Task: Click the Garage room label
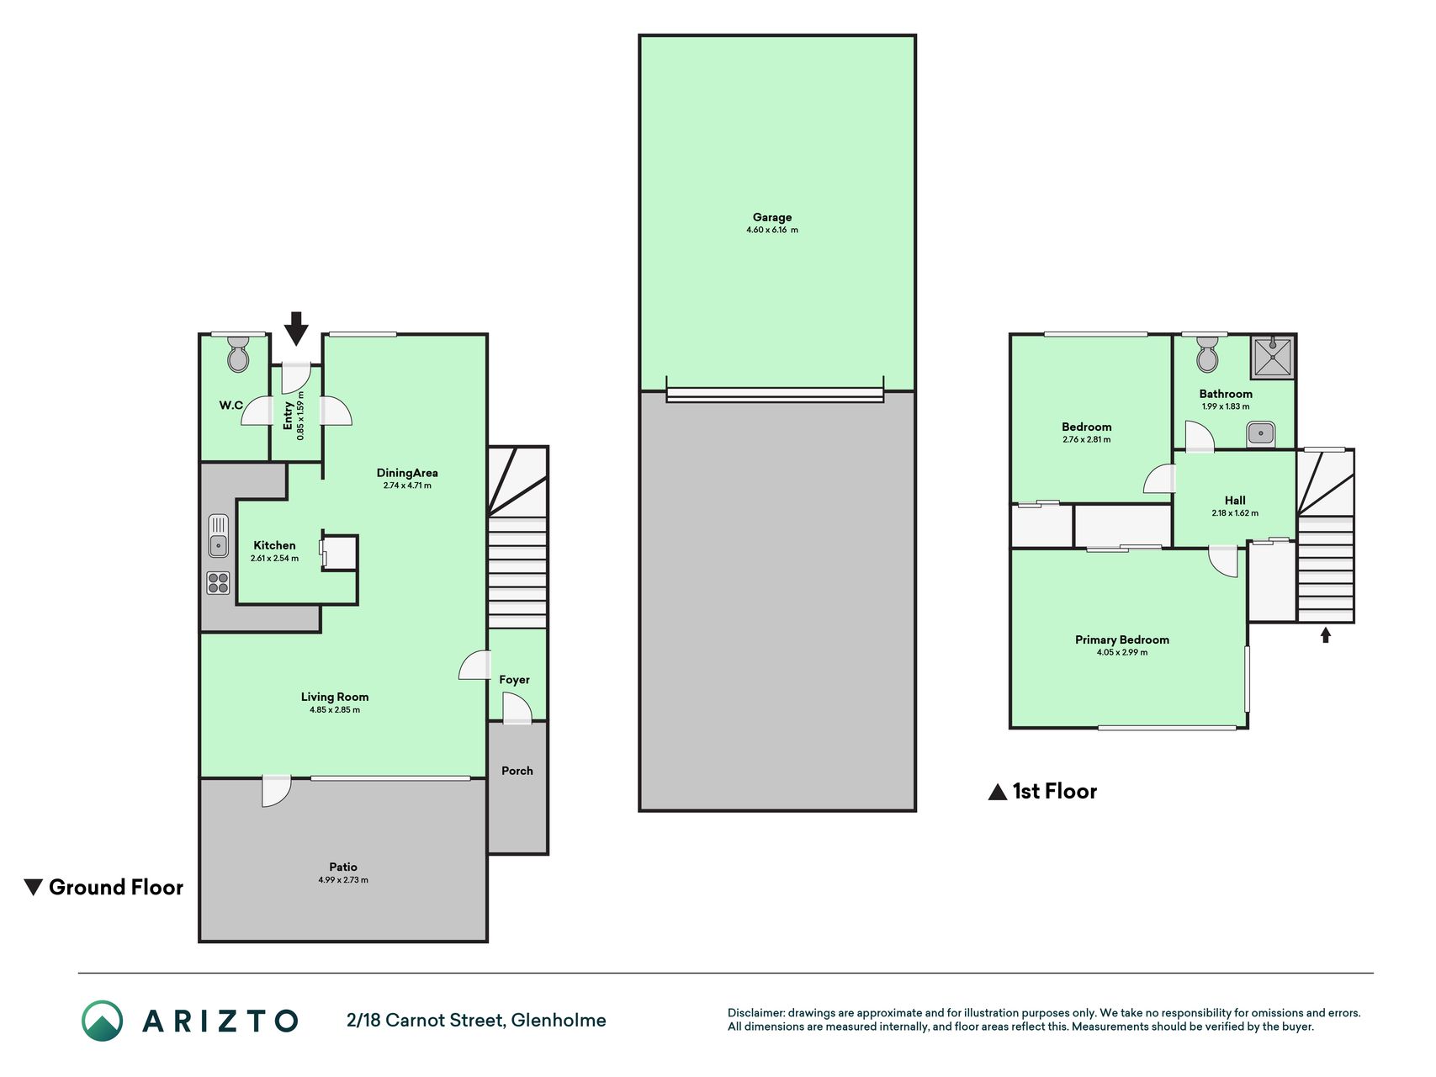772,217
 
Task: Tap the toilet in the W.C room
238,355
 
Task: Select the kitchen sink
219,535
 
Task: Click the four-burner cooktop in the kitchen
219,582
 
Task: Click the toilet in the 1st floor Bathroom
1207,354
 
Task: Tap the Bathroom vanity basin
1261,434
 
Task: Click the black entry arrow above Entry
295,328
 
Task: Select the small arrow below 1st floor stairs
1326,635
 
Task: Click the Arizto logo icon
102,1021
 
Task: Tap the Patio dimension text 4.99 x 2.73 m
343,880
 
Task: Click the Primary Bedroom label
1121,639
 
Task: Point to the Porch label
517,771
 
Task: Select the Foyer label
514,680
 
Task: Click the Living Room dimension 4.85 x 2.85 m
335,709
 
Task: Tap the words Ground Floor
116,887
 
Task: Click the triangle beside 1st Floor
998,792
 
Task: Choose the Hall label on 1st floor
1235,500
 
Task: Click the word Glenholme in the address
559,1020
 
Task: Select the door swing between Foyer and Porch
517,708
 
